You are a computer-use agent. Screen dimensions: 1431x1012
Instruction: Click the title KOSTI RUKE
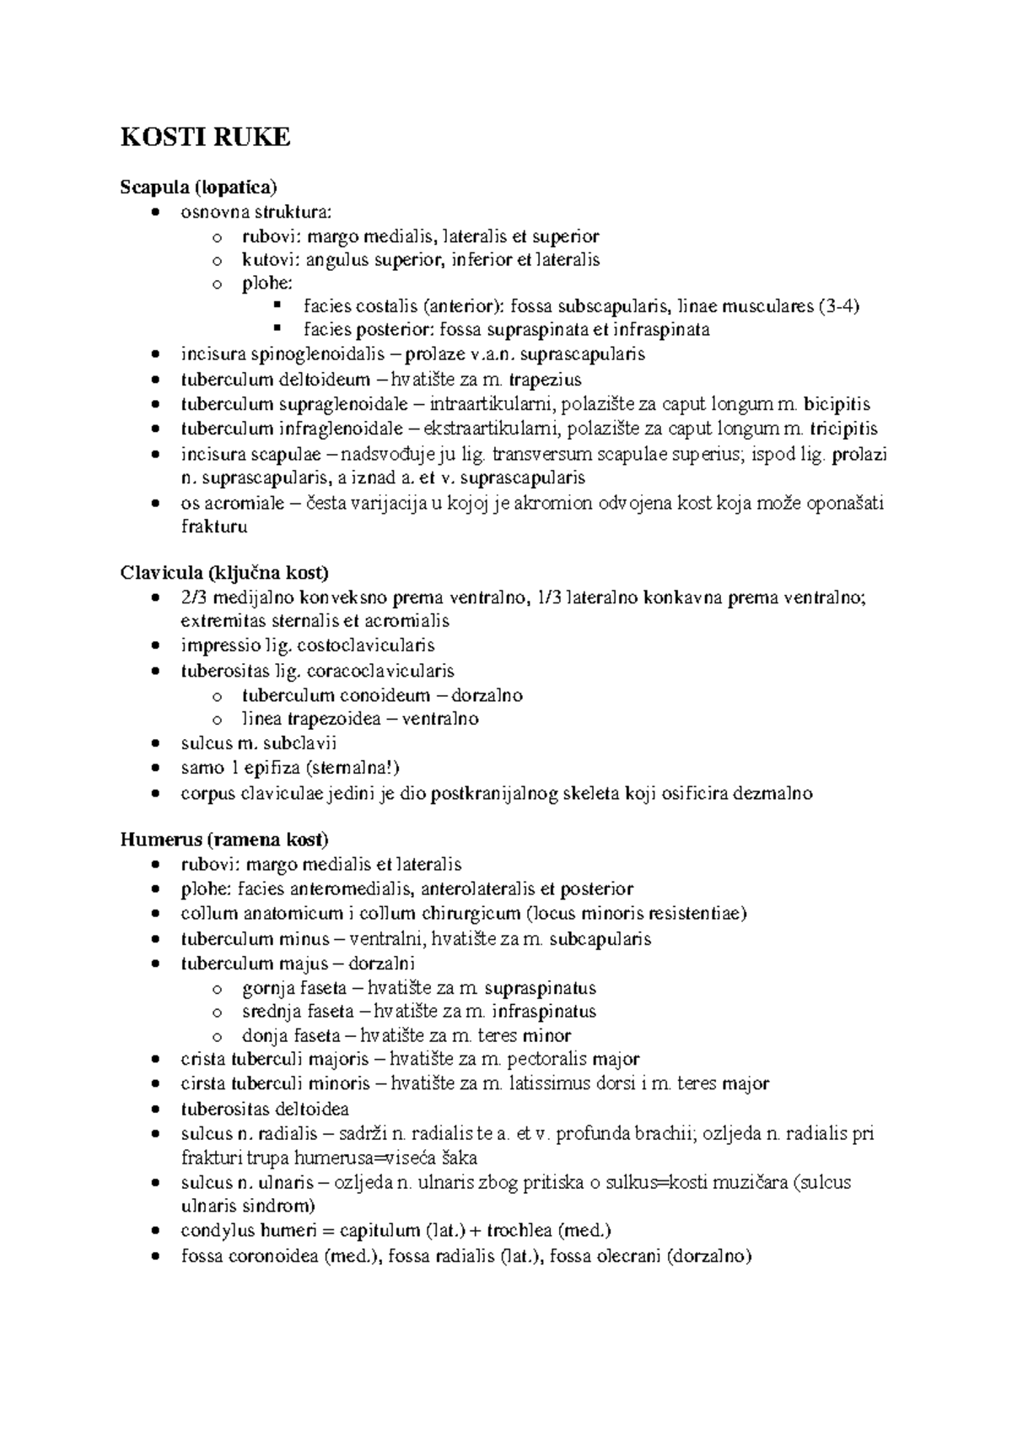coord(206,137)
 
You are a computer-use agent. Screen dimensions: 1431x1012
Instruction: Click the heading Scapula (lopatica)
coord(198,186)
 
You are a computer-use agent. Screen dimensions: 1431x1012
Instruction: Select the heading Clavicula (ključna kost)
coord(223,573)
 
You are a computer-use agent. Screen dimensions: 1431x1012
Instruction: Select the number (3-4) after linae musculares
coord(839,305)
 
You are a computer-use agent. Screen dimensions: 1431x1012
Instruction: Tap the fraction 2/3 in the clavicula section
coord(194,598)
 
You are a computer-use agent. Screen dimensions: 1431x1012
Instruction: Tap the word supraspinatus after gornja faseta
coord(541,987)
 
